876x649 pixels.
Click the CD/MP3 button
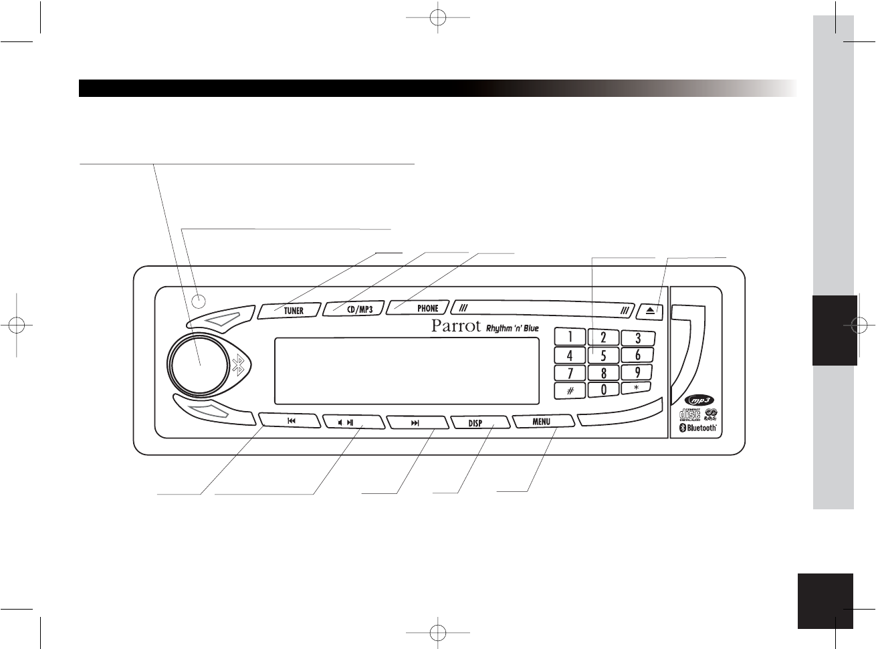tap(355, 309)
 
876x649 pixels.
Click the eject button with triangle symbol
tap(651, 310)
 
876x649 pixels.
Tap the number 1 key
tap(570, 337)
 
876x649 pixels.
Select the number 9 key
tap(637, 372)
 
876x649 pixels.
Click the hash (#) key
tap(570, 390)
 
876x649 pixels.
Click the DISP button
tap(476, 423)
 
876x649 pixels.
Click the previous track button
tap(291, 421)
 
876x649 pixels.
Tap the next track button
tap(415, 422)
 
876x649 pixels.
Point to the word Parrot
tap(455, 327)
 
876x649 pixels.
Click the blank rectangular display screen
tap(407, 371)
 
